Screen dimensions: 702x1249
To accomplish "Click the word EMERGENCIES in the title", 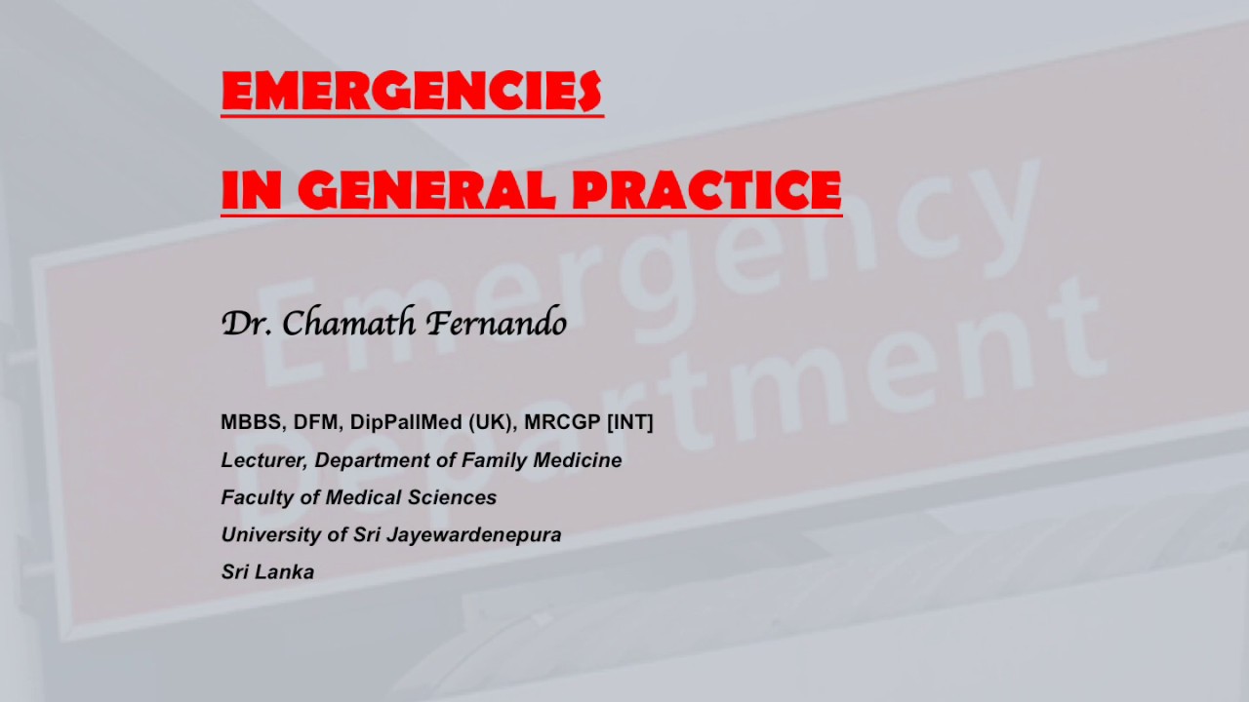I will pos(411,92).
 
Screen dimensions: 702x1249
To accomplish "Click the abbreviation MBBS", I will pos(250,422).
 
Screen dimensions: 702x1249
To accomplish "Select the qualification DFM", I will pos(315,422).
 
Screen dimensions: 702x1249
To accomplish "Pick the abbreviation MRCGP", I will pos(562,422).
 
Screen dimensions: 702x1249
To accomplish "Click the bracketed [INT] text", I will pos(630,422).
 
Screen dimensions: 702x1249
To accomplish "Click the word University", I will pos(265,534).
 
